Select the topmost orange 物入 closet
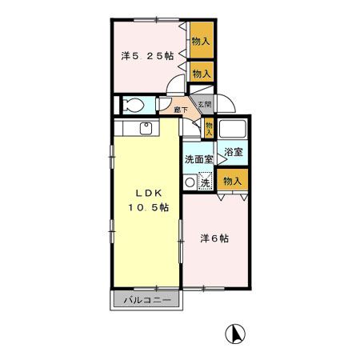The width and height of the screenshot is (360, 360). (x=201, y=40)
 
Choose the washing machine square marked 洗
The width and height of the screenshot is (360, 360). (x=204, y=182)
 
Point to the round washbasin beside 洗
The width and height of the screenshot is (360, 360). (x=190, y=182)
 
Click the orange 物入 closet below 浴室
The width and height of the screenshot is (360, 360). (x=233, y=182)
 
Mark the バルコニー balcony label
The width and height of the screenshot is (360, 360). (x=146, y=301)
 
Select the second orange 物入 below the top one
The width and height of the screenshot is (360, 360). (x=201, y=73)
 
